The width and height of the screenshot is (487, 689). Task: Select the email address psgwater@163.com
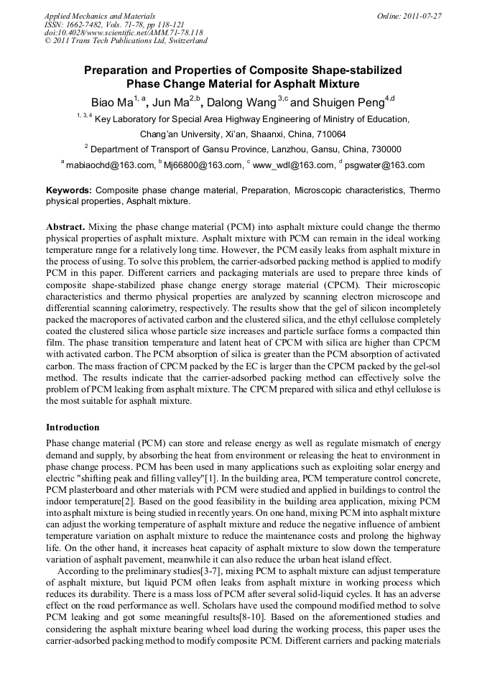click(x=385, y=165)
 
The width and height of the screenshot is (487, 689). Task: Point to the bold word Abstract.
click(x=66, y=226)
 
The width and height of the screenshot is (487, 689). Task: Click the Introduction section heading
click(x=73, y=427)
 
